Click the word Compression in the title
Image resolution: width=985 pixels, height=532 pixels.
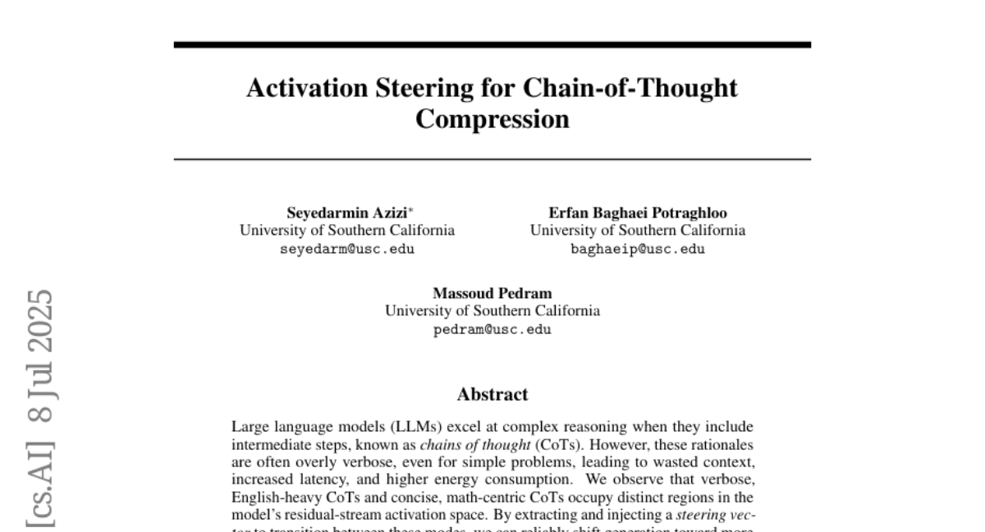[x=492, y=119]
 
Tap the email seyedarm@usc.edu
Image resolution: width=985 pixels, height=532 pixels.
[x=347, y=250]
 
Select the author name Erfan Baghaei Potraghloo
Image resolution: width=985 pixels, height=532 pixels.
[x=638, y=213]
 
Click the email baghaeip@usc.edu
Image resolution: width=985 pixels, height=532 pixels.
[x=638, y=250]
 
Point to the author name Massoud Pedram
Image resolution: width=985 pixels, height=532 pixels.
[x=492, y=293]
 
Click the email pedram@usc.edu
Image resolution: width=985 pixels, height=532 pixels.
[x=492, y=330]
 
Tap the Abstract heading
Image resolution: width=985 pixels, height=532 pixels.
[x=492, y=394]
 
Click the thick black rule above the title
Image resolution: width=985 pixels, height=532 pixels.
[x=492, y=44]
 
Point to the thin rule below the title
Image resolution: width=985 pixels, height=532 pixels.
[x=492, y=158]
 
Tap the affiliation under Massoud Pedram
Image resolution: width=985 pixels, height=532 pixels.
[x=492, y=311]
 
